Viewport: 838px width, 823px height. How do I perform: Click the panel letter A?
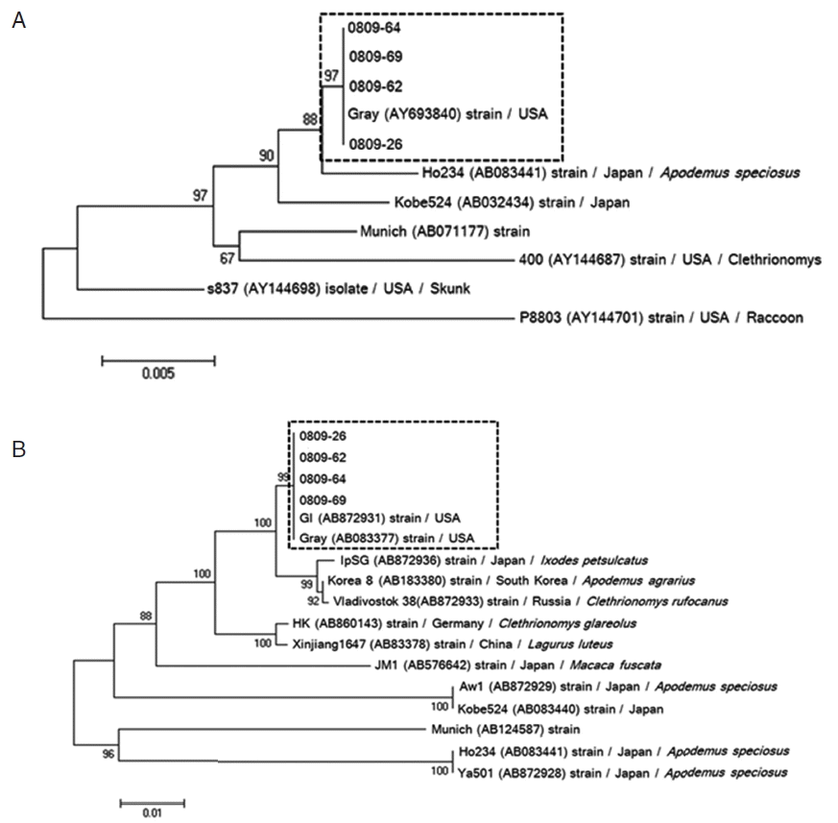[18, 20]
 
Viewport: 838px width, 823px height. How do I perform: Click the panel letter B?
[18, 447]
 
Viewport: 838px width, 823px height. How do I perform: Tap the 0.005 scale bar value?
[157, 375]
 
